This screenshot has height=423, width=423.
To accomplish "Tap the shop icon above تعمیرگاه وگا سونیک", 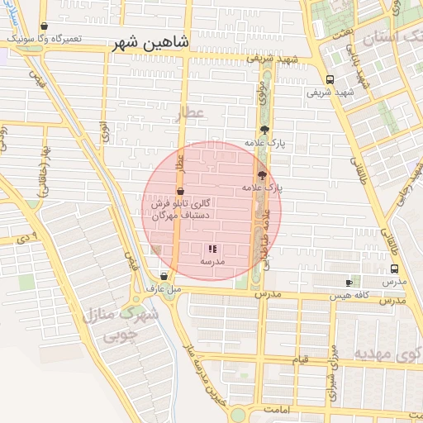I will click(x=44, y=27).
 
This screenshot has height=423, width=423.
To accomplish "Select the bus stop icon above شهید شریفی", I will click(x=330, y=80).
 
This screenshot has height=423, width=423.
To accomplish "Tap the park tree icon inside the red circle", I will click(x=262, y=175).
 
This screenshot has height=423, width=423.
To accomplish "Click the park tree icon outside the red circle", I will click(x=264, y=130).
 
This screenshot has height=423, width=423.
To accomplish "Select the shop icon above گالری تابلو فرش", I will click(x=180, y=192).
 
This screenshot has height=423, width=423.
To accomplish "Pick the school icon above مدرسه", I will click(x=212, y=249).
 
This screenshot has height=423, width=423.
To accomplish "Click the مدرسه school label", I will click(x=212, y=261).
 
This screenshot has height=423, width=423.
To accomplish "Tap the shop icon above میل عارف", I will click(x=163, y=277).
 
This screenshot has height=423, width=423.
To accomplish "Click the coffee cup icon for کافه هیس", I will click(x=349, y=283).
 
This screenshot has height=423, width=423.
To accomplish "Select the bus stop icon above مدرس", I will click(x=394, y=269).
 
